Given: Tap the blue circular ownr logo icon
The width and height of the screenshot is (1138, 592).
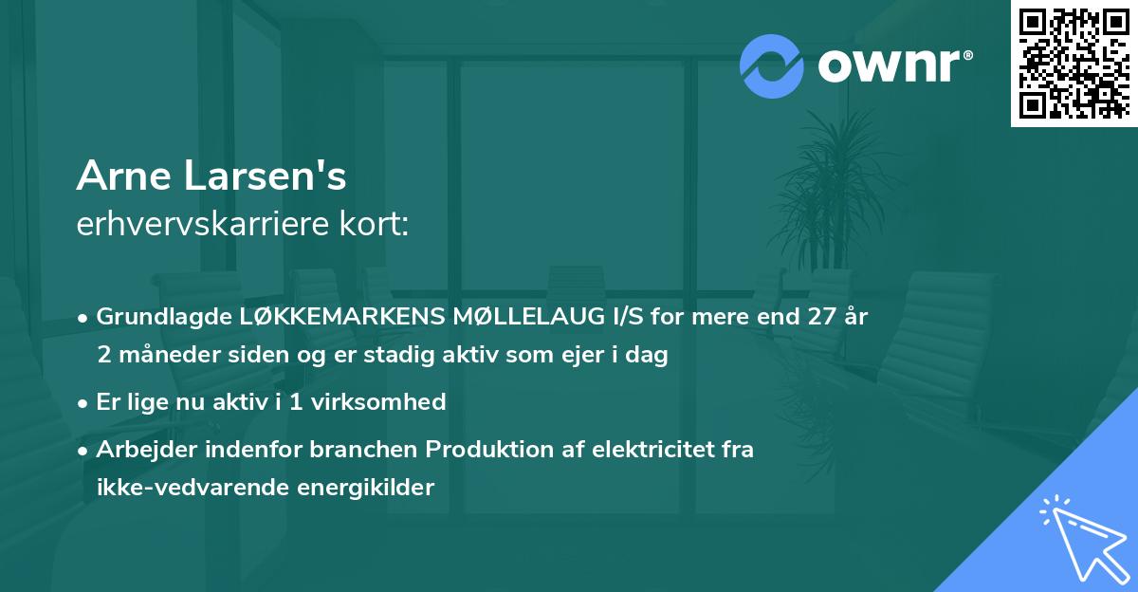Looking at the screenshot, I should (x=772, y=65).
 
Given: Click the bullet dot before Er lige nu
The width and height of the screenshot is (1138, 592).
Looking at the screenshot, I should (x=84, y=402).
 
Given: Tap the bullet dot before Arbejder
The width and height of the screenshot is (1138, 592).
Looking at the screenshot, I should (x=84, y=450).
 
